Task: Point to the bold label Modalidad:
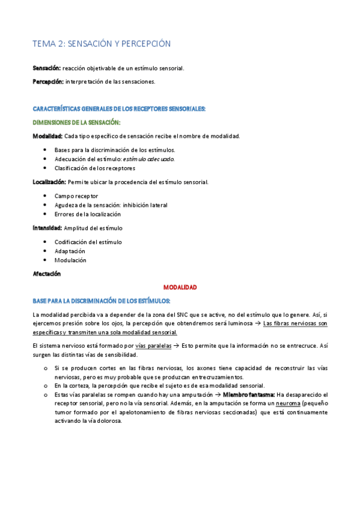[47, 136]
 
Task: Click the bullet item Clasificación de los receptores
[94, 168]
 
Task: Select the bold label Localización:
[49, 182]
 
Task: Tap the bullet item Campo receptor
[76, 196]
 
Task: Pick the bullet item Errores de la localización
[87, 214]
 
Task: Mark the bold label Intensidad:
[47, 228]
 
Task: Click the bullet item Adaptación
[70, 251]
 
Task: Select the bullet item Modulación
[70, 260]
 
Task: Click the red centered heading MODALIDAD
[180, 287]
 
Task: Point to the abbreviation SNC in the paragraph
[197, 315]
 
